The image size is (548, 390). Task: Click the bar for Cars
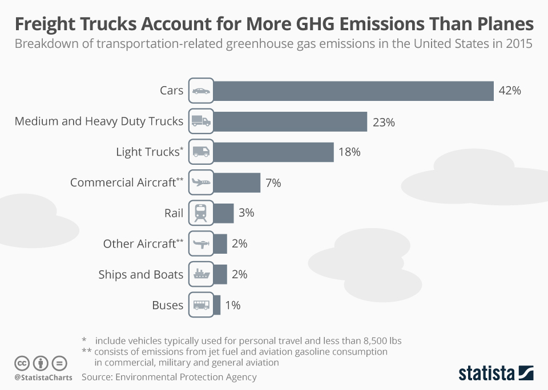coord(354,91)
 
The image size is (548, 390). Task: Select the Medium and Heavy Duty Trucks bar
coord(291,121)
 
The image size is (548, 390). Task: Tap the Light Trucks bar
coord(274,152)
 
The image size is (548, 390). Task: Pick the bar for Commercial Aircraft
coord(237,183)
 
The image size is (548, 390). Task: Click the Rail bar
coord(224,213)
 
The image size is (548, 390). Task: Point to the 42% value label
coord(510,91)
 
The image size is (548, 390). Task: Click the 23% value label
coord(383,122)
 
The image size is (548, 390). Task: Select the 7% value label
coord(273,183)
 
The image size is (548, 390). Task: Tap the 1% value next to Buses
coord(233,305)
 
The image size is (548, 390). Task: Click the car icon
coord(200,91)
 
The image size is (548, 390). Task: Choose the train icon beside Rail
coord(200,213)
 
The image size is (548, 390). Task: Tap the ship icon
coord(200,274)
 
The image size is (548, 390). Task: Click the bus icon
coord(200,305)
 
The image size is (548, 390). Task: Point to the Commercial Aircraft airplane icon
coord(200,183)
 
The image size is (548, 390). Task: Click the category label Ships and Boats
coord(141,274)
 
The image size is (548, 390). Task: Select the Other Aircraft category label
coord(139,244)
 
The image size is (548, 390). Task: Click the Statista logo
coord(495,373)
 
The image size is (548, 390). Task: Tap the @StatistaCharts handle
coord(43,377)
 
